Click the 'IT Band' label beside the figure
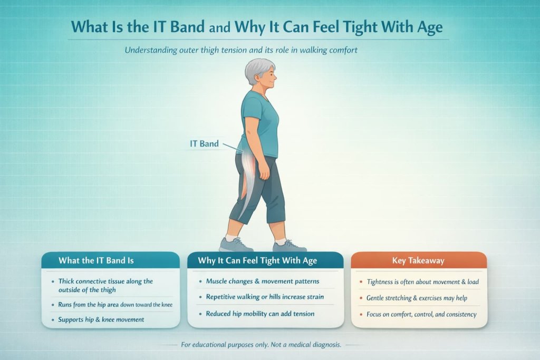204,143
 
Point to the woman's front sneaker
289,246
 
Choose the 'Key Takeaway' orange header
418,260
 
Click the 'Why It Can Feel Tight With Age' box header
265,260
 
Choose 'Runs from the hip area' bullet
115,305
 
